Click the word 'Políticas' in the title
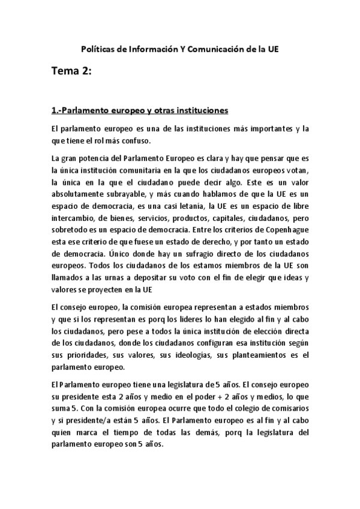click(x=98, y=49)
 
